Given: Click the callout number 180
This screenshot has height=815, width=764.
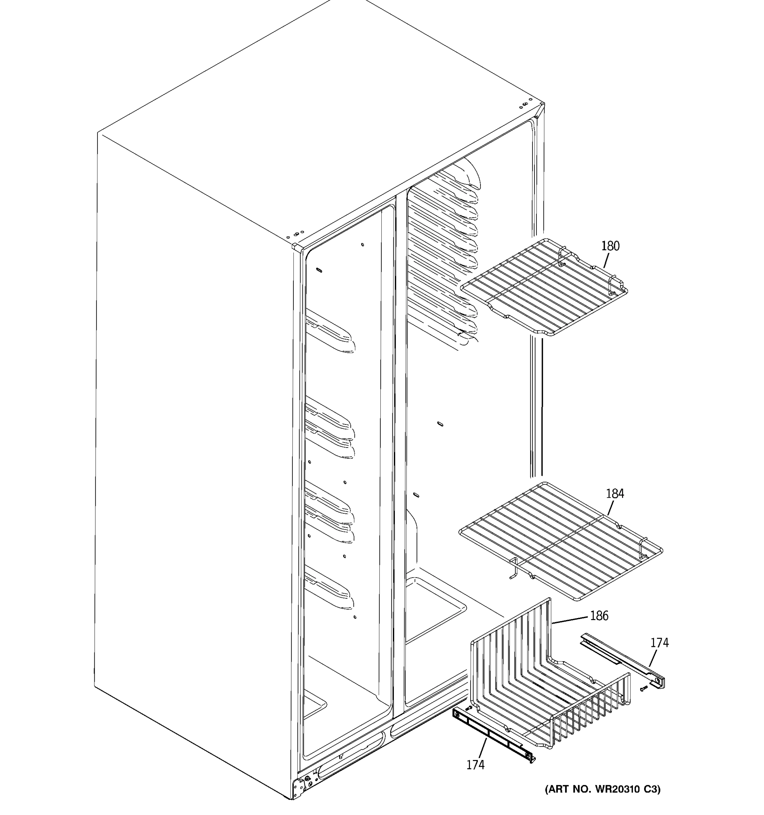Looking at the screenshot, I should pos(610,246).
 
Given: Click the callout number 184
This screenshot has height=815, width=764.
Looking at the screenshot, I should pos(615,494).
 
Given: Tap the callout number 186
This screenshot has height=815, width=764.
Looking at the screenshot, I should pos(599,616).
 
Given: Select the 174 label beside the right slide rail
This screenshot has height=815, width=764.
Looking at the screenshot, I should pos(659,642).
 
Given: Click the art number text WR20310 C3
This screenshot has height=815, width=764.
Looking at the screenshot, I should pos(602,790).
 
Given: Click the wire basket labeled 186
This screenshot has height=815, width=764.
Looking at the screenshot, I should pos(549,685).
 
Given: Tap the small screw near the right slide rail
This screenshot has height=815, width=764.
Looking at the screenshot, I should pos(644,689).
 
